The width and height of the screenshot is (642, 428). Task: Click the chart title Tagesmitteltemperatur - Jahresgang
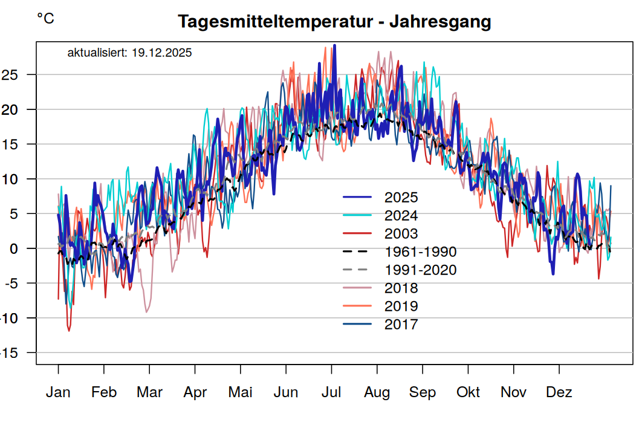[x=334, y=22]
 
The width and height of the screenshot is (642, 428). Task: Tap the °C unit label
[x=45, y=19]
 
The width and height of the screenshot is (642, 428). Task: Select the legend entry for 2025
[x=401, y=198]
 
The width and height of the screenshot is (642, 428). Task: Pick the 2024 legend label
[x=401, y=216]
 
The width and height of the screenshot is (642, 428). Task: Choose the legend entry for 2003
[x=401, y=234]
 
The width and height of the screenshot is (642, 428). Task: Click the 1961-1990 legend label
[x=420, y=252]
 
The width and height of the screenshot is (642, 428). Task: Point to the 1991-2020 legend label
[x=420, y=270]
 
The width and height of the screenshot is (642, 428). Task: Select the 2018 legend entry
[x=401, y=288]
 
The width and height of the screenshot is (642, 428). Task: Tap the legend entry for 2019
[x=401, y=306]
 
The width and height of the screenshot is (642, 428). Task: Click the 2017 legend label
[x=401, y=325]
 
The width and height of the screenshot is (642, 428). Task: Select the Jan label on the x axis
[x=58, y=392]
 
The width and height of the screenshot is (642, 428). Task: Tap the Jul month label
[x=331, y=392]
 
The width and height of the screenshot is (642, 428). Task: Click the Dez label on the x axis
[x=559, y=392]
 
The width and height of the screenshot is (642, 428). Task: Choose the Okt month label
[x=468, y=392]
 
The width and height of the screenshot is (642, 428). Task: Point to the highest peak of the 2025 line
[x=335, y=45]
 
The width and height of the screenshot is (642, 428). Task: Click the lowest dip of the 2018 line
[x=146, y=312]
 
